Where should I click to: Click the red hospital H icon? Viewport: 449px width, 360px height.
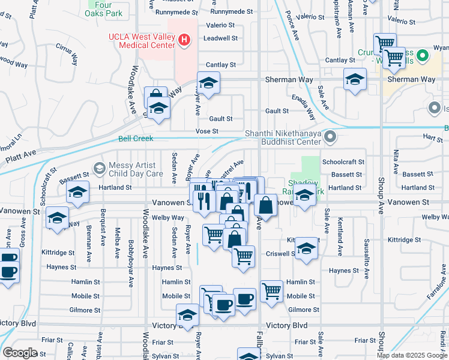[184, 40]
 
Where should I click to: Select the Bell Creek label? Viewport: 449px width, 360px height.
[136, 139]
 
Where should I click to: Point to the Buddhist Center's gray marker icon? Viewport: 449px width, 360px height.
[329, 138]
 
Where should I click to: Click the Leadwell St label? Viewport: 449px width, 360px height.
[221, 38]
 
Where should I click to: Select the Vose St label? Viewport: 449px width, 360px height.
[206, 131]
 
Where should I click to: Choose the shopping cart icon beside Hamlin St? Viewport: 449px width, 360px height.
[272, 291]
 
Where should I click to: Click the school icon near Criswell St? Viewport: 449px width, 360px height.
[306, 250]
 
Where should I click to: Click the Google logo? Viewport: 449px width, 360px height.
[20, 353]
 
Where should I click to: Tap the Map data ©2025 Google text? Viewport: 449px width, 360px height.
[412, 355]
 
